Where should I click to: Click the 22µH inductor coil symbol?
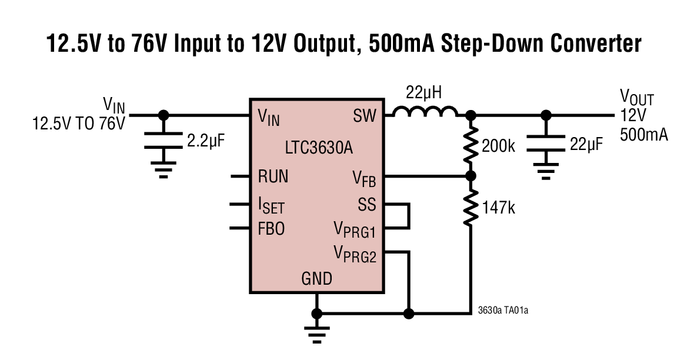[425, 112]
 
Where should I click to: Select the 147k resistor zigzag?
[471, 208]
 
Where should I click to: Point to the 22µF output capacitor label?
[586, 144]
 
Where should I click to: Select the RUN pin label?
[273, 176]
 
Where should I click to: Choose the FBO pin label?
[271, 228]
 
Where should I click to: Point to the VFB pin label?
[364, 177]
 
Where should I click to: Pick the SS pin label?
[367, 205]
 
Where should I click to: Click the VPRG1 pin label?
[355, 229]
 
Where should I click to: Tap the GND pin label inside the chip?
[316, 278]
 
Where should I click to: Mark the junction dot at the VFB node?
[471, 176]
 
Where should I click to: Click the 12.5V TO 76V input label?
[79, 124]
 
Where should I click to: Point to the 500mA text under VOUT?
[643, 135]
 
